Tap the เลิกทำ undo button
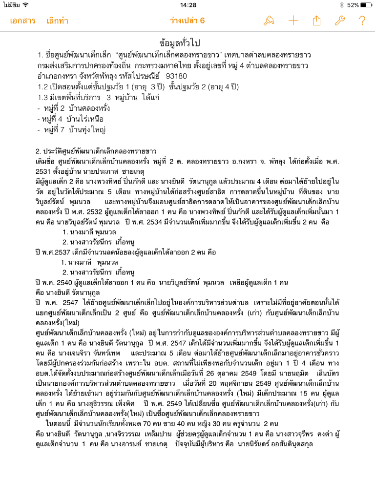(58, 21)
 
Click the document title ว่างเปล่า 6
(187, 21)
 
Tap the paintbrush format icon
(269, 21)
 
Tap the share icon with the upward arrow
(316, 21)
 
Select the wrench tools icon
(339, 21)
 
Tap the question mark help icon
(362, 21)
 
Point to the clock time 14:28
(187, 5)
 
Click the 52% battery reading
(353, 5)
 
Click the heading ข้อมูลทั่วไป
(187, 42)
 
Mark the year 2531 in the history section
(44, 171)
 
